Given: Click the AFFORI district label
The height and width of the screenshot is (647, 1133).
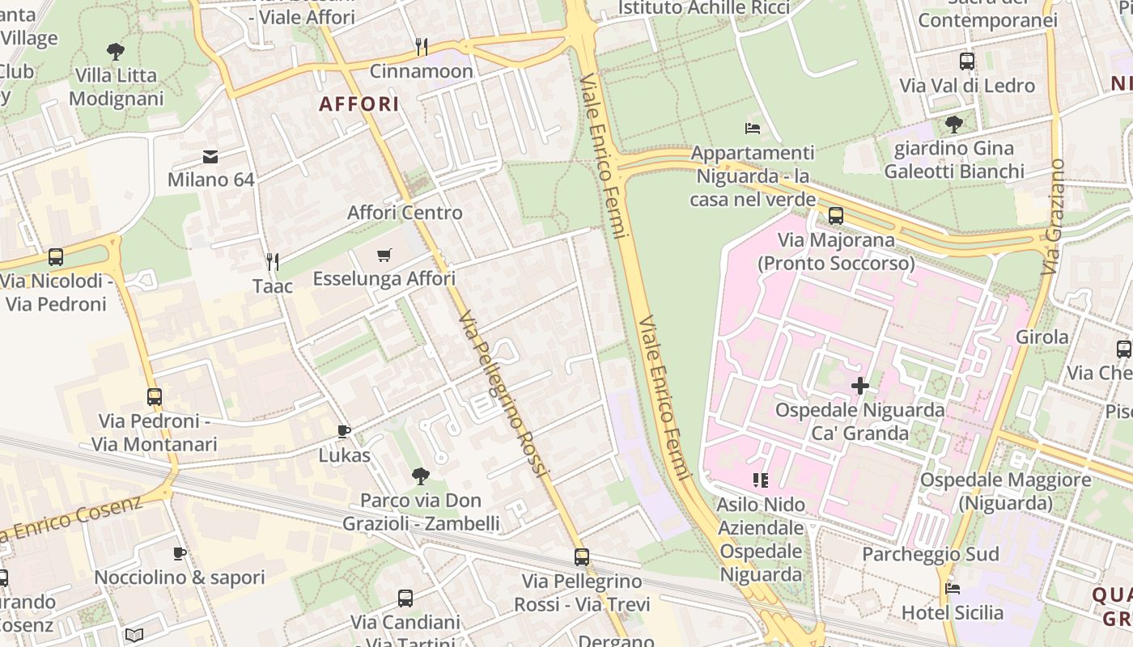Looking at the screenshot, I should (359, 104).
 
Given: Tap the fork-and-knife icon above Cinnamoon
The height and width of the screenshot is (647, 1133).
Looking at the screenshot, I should (421, 47).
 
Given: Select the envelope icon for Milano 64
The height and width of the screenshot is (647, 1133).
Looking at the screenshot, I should (210, 156).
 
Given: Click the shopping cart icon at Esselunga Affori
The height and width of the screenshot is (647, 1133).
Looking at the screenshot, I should (384, 256).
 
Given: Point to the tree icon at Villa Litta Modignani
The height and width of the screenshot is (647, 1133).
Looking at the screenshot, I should (116, 52).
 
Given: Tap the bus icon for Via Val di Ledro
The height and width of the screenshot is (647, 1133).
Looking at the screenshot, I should (966, 61).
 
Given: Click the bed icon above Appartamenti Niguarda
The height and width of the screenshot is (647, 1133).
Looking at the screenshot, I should (752, 129).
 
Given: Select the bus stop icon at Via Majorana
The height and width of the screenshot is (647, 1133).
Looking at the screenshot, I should (836, 216).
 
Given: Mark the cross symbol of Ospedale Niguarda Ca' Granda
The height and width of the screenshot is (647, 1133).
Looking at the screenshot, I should (859, 386).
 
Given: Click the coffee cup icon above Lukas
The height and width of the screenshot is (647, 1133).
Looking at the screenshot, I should (344, 432).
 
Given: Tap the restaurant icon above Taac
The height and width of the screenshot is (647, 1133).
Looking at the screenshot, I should (273, 262).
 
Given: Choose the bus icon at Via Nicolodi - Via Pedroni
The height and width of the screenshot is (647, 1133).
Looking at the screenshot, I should (56, 257).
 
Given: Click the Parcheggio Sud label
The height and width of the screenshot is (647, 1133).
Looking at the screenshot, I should (930, 555).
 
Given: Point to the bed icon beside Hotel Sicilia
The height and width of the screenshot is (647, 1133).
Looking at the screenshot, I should (953, 589).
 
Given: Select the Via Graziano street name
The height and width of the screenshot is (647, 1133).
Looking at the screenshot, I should (1054, 217).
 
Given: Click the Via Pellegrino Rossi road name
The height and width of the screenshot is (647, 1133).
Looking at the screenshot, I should (503, 393).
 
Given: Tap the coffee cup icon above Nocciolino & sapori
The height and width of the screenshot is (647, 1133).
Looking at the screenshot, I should (180, 554).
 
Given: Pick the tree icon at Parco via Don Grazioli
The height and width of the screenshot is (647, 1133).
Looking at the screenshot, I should (420, 476).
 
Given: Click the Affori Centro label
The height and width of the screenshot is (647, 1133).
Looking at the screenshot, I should (405, 213).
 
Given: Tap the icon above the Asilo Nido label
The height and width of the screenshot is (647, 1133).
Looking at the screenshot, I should (760, 480).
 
